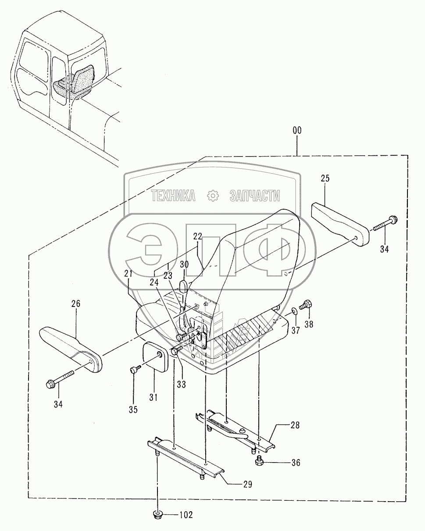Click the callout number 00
(x=297, y=131)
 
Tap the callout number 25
(x=325, y=178)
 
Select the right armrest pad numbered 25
(x=340, y=224)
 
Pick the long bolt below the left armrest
(x=59, y=380)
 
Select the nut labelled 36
(x=259, y=461)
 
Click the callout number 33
(x=181, y=384)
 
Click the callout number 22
(x=197, y=236)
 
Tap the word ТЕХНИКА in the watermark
(x=173, y=196)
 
